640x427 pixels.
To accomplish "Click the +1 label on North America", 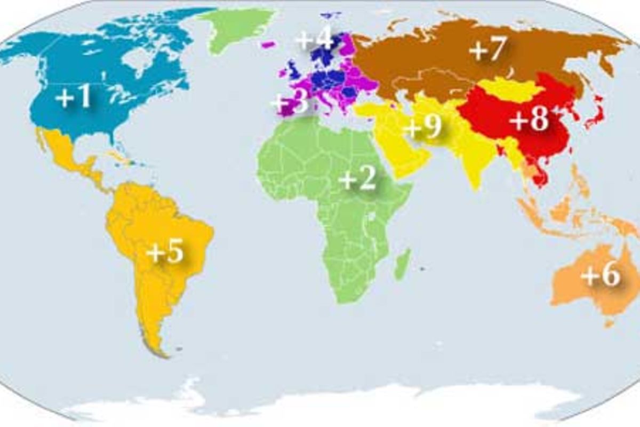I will [x=73, y=98].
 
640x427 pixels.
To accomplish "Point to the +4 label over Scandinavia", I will [x=314, y=40].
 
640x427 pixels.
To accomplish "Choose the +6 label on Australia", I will [x=600, y=275].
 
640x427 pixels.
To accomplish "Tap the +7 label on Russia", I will [x=487, y=50].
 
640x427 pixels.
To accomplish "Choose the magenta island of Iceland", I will [x=268, y=45].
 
